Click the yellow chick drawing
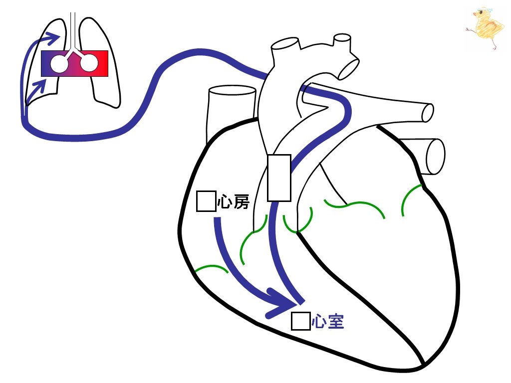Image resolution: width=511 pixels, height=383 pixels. pyautogui.click(x=485, y=28)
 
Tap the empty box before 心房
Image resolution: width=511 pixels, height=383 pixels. pyautogui.click(x=206, y=201)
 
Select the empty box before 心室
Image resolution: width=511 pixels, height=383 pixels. pyautogui.click(x=300, y=321)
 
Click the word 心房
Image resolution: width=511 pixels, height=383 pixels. pyautogui.click(x=234, y=201)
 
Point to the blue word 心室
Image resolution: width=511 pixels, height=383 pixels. pyautogui.click(x=328, y=322)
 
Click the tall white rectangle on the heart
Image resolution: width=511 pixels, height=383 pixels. pyautogui.click(x=279, y=178)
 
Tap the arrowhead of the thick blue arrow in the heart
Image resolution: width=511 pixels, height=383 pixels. pyautogui.click(x=281, y=304)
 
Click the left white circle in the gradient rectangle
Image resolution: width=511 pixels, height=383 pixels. pyautogui.click(x=59, y=63)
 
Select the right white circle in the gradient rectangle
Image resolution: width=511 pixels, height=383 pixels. pyautogui.click(x=89, y=63)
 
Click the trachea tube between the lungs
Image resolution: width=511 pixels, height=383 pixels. pyautogui.click(x=73, y=31)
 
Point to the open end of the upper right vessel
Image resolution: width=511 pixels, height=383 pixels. pyautogui.click(x=428, y=113)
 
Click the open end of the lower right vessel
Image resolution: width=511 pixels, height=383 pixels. pyautogui.click(x=435, y=157)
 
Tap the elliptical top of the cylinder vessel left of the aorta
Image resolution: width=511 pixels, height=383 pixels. pyautogui.click(x=232, y=90)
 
